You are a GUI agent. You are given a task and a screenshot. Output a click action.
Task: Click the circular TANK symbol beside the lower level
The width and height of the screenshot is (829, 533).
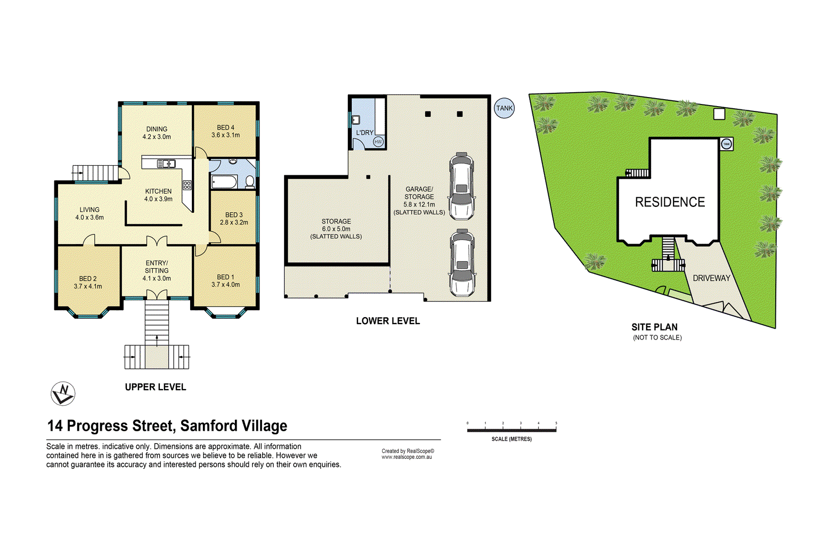pos(504,108)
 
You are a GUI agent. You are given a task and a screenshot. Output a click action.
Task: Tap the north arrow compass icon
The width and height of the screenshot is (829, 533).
pos(63,394)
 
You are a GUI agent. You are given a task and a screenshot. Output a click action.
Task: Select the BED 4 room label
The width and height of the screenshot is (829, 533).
pos(225,128)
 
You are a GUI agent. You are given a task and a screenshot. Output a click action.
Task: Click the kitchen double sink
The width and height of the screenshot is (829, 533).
pos(166,164)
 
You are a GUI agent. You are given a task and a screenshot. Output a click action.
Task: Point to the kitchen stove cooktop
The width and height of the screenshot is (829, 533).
pos(187,185)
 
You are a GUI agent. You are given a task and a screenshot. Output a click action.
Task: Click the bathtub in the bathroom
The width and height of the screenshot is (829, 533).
pos(224,182)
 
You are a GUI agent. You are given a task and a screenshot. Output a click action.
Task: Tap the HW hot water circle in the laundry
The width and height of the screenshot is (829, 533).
pos(378,142)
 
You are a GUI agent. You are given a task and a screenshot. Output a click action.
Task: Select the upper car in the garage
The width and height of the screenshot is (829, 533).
pos(461,186)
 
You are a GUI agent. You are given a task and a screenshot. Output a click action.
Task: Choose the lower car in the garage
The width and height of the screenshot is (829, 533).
pos(461,263)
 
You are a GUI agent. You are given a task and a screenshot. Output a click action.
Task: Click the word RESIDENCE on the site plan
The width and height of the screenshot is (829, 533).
pos(670,202)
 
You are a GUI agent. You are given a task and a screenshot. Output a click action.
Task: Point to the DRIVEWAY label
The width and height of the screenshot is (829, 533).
pos(711,278)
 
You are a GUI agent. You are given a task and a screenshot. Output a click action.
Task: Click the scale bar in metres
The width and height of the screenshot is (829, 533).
pos(511,430)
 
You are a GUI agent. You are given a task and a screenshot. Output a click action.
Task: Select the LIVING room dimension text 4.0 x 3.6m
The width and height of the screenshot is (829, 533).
pos(90,217)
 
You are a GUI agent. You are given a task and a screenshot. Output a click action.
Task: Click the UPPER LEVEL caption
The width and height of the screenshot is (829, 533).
pos(156,387)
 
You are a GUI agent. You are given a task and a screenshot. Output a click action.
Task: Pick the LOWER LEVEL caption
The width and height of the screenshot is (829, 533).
pos(388,321)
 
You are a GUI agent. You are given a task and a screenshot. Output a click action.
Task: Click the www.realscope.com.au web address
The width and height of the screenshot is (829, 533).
pos(407,457)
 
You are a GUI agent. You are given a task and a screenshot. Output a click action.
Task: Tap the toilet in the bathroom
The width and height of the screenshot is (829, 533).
pos(249,182)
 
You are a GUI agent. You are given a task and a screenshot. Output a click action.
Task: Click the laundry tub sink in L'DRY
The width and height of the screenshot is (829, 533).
pos(356,120)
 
